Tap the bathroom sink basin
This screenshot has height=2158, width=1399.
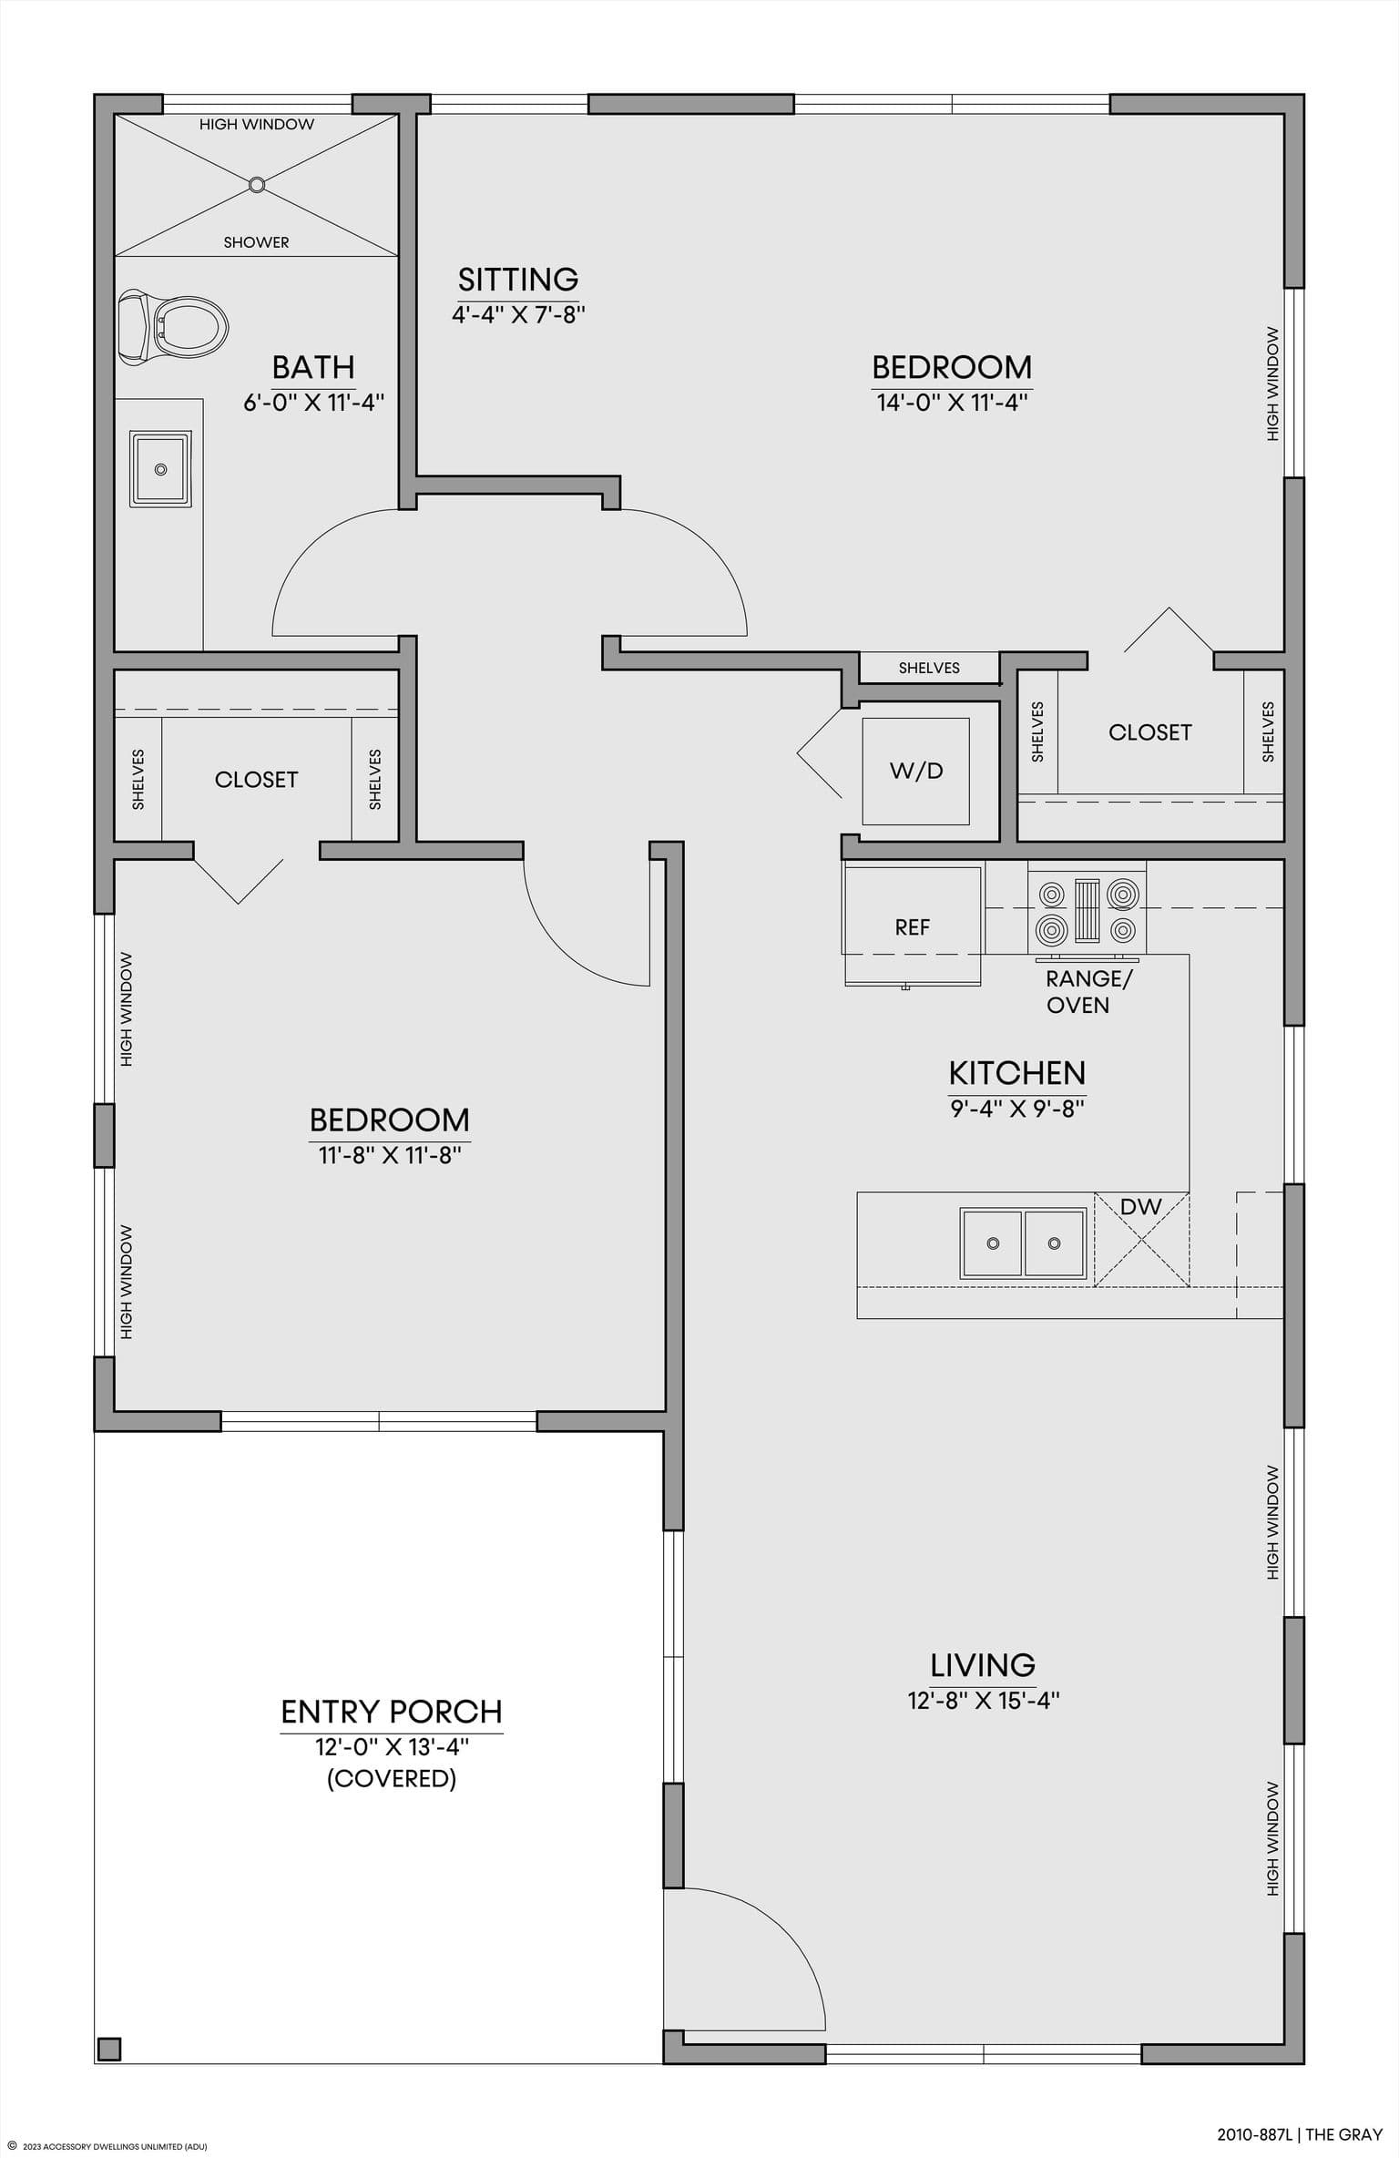coord(161,469)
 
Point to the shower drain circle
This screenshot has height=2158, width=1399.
coord(257,185)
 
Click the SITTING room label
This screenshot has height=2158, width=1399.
coord(518,279)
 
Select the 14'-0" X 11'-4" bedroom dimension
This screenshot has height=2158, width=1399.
coord(953,403)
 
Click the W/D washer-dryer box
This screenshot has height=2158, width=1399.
coord(916,771)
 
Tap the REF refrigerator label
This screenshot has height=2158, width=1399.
coord(913,927)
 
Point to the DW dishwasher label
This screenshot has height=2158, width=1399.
coord(1141,1207)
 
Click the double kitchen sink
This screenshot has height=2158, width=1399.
coord(1024,1243)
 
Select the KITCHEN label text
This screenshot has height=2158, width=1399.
coord(1017,1073)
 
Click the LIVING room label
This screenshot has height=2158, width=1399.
coord(983,1665)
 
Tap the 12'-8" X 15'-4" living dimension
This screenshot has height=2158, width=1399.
coord(984,1701)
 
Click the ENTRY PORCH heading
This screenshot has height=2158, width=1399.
coord(392,1713)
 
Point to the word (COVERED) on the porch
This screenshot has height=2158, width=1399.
coord(392,1778)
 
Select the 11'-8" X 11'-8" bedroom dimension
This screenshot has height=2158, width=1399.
coord(390,1155)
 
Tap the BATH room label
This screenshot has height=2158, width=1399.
coord(313,367)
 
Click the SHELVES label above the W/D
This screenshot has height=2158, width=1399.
coord(929,668)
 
